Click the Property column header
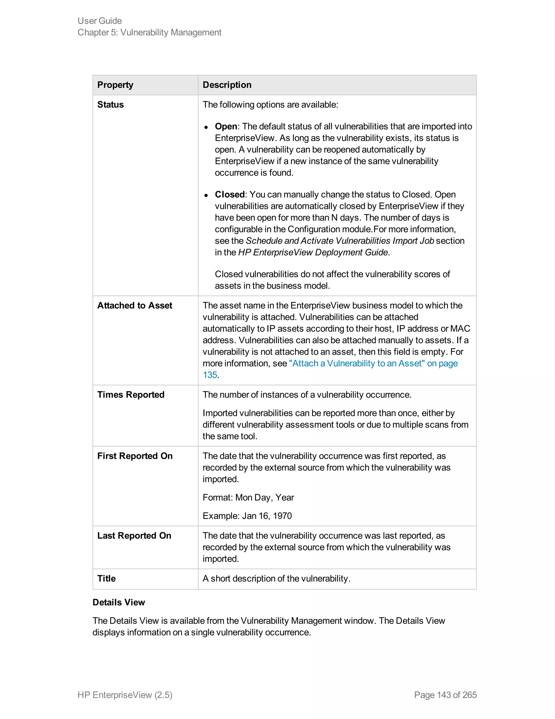(115, 85)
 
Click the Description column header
(227, 85)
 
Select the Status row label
(111, 105)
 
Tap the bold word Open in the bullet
(226, 126)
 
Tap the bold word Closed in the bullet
(230, 195)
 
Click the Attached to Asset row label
(134, 306)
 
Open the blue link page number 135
(210, 375)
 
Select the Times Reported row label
(131, 395)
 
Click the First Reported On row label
(135, 456)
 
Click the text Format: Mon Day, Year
(248, 497)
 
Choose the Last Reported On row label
(134, 536)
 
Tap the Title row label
(106, 578)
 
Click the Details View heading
(119, 602)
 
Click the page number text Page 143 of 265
(445, 695)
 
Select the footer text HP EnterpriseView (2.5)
(125, 695)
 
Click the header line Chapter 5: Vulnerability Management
(149, 32)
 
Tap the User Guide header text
(100, 21)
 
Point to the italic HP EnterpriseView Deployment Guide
(313, 253)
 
